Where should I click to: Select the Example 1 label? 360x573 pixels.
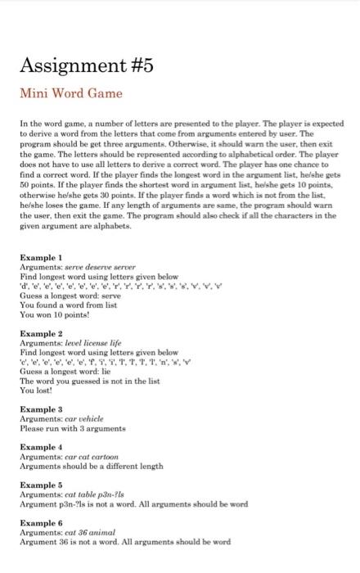click(x=41, y=257)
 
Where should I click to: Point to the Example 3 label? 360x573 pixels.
click(x=41, y=408)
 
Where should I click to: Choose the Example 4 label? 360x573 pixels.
click(x=41, y=445)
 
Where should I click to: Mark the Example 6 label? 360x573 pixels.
click(x=41, y=521)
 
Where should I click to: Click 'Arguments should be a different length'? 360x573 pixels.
click(x=92, y=464)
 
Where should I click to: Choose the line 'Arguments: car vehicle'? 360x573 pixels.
click(x=65, y=417)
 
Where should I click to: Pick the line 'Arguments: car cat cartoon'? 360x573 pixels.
click(x=74, y=455)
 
